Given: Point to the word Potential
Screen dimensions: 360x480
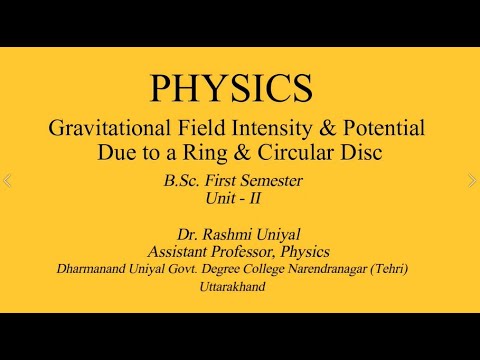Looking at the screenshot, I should [380, 129].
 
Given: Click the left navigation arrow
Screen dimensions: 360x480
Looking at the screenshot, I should [8, 181].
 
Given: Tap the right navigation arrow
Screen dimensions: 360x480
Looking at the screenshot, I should [472, 181].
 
